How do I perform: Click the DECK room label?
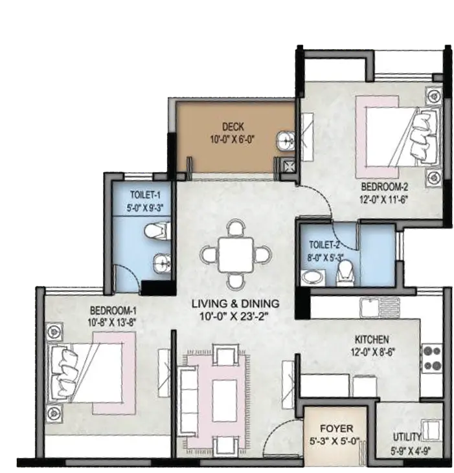coord(233,127)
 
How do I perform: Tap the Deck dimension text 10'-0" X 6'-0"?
coord(233,139)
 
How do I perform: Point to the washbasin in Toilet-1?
coord(162,263)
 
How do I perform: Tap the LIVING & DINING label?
coord(236,303)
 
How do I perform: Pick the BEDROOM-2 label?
coord(384,187)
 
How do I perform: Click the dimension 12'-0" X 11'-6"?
coord(384,199)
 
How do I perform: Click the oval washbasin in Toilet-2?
coord(312,277)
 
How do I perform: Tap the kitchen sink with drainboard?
coord(380,307)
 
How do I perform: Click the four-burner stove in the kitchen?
coord(432,358)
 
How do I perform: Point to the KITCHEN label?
coord(372,339)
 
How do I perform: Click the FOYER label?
coord(336,428)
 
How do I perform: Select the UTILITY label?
coord(407,437)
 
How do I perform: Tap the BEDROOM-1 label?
coord(113,310)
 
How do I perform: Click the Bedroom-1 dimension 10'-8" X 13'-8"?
coord(111,323)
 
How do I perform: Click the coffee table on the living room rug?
coord(224,401)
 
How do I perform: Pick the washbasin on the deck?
coord(286,140)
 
